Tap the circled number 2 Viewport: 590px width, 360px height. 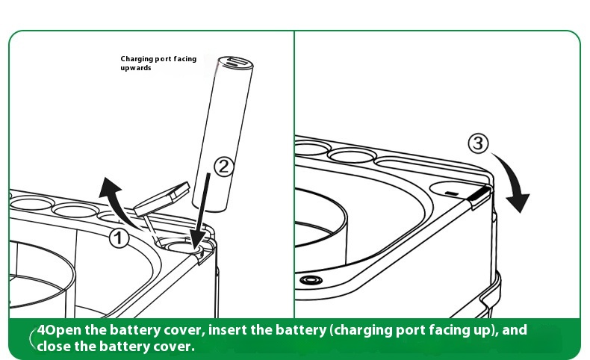tap(225, 167)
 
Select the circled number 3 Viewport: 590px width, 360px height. tap(479, 143)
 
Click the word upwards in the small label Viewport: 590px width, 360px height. tap(137, 68)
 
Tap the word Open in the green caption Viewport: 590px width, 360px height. tap(60, 329)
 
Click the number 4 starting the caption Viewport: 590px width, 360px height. tap(42, 329)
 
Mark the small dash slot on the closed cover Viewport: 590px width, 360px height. tap(450, 192)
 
